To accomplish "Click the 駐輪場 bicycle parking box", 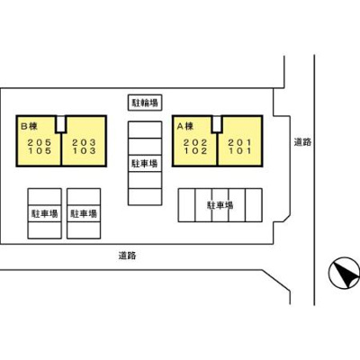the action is click(145, 103).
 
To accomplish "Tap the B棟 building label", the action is click(29, 126).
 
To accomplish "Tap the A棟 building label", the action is click(185, 126).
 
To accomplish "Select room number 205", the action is click(40, 142).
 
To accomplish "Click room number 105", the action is click(40, 150).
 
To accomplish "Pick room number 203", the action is click(84, 142).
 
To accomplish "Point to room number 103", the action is click(84, 150).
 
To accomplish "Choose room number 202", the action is click(195, 142).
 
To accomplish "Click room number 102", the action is click(195, 150).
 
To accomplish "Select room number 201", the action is click(239, 142).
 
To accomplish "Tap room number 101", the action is click(239, 150).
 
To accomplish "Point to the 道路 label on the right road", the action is click(302, 142).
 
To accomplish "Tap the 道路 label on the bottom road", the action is click(127, 256).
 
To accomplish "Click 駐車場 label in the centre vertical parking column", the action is click(145, 164).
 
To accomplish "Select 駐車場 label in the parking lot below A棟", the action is click(220, 205).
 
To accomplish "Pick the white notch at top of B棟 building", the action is click(61, 124).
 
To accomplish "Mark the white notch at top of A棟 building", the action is click(217, 124).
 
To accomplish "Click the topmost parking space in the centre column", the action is click(145, 130).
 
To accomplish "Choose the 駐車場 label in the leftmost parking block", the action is click(45, 213).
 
